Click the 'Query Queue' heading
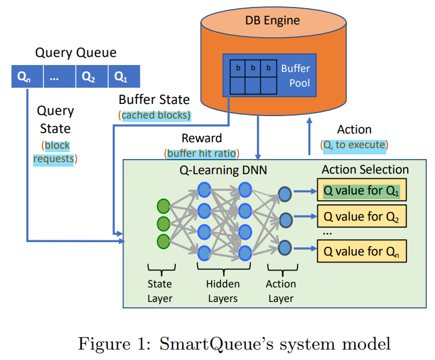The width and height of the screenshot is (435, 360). click(76, 53)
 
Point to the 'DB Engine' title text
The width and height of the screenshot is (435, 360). click(272, 21)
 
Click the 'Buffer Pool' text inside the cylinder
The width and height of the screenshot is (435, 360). click(296, 75)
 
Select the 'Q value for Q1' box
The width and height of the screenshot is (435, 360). click(362, 190)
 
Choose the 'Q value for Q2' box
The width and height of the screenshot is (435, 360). click(362, 218)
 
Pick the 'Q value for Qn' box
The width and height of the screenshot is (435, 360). click(362, 251)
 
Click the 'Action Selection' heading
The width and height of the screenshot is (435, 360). click(365, 170)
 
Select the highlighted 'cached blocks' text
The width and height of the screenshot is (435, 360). click(155, 115)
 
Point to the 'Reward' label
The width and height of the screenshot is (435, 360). click(201, 138)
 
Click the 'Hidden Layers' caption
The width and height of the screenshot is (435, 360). click(222, 291)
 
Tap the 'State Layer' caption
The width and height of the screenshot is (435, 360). click(159, 291)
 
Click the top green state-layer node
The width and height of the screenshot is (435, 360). click(164, 206)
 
